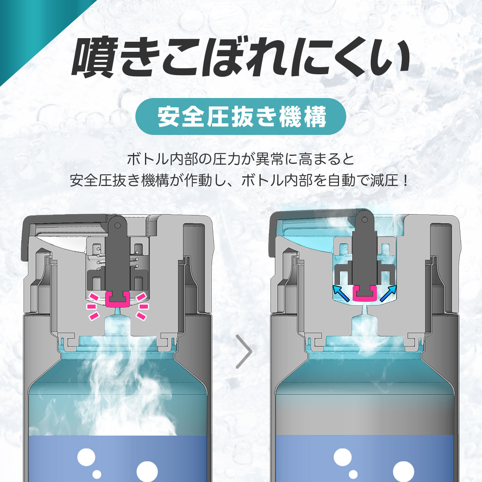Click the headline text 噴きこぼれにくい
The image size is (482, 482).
pos(241,58)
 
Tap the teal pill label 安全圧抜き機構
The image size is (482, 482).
pos(241,116)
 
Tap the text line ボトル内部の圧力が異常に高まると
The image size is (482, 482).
pos(241,160)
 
